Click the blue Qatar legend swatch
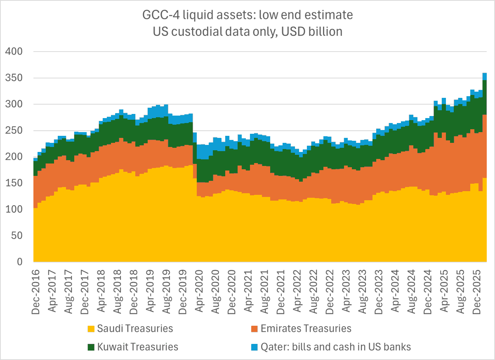[254, 347]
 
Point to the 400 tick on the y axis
[17, 52]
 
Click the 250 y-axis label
[17, 130]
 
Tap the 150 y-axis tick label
[17, 183]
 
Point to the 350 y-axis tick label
[17, 78]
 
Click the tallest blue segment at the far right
[485, 76]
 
